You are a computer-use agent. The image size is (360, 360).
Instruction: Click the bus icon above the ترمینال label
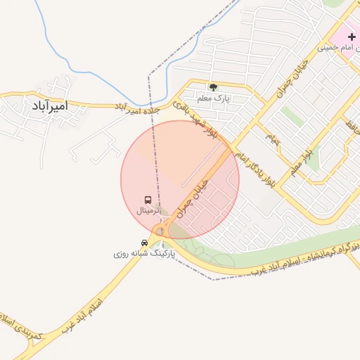click(148, 200)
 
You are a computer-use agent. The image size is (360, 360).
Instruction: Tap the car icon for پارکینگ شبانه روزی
click(145, 243)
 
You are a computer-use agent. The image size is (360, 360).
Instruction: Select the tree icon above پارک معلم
click(213, 87)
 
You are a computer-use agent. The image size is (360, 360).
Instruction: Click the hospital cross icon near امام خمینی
click(352, 36)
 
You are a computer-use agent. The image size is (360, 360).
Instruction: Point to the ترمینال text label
click(148, 210)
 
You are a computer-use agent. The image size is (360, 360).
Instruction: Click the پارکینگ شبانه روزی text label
click(143, 252)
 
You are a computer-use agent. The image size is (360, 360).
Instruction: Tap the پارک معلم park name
click(213, 99)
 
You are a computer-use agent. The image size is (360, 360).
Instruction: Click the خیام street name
click(271, 138)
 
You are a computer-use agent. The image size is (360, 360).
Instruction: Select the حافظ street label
click(349, 129)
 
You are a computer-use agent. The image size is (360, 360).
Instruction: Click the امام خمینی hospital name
click(338, 48)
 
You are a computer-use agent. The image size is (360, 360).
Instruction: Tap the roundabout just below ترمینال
click(161, 231)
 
